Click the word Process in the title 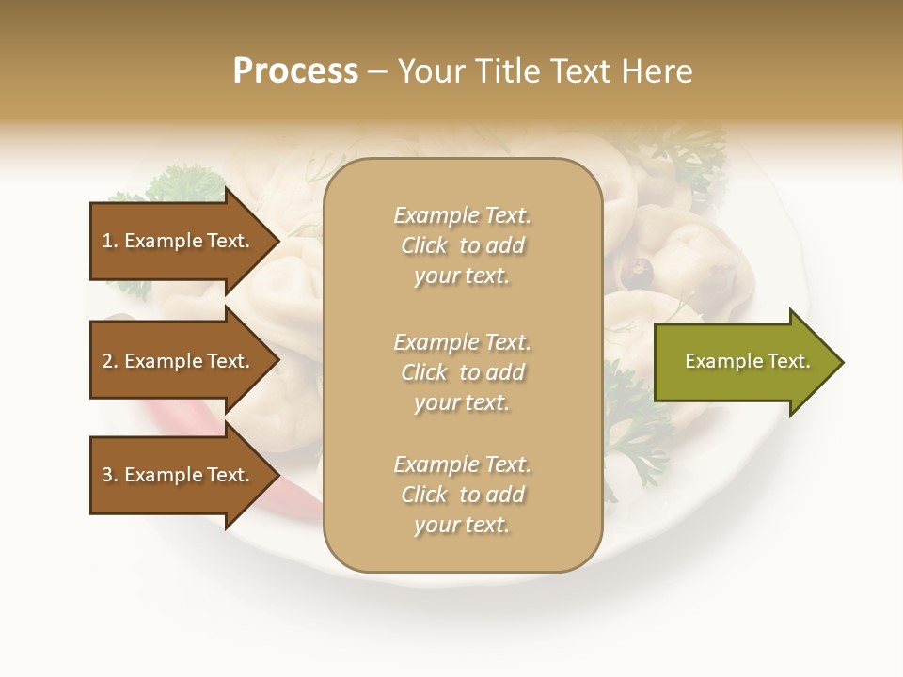coord(295,71)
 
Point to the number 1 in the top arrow coord(107,241)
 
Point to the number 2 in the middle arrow coord(107,361)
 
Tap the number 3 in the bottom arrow coord(107,475)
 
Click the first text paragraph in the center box coord(462,245)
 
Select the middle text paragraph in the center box coord(462,372)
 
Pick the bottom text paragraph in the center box coord(462,495)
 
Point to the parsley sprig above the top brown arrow coord(183,181)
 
